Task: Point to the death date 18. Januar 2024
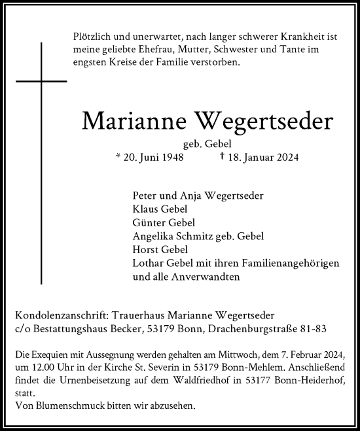(x=255, y=157)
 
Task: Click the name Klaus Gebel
(x=160, y=209)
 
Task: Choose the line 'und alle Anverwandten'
(x=186, y=276)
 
